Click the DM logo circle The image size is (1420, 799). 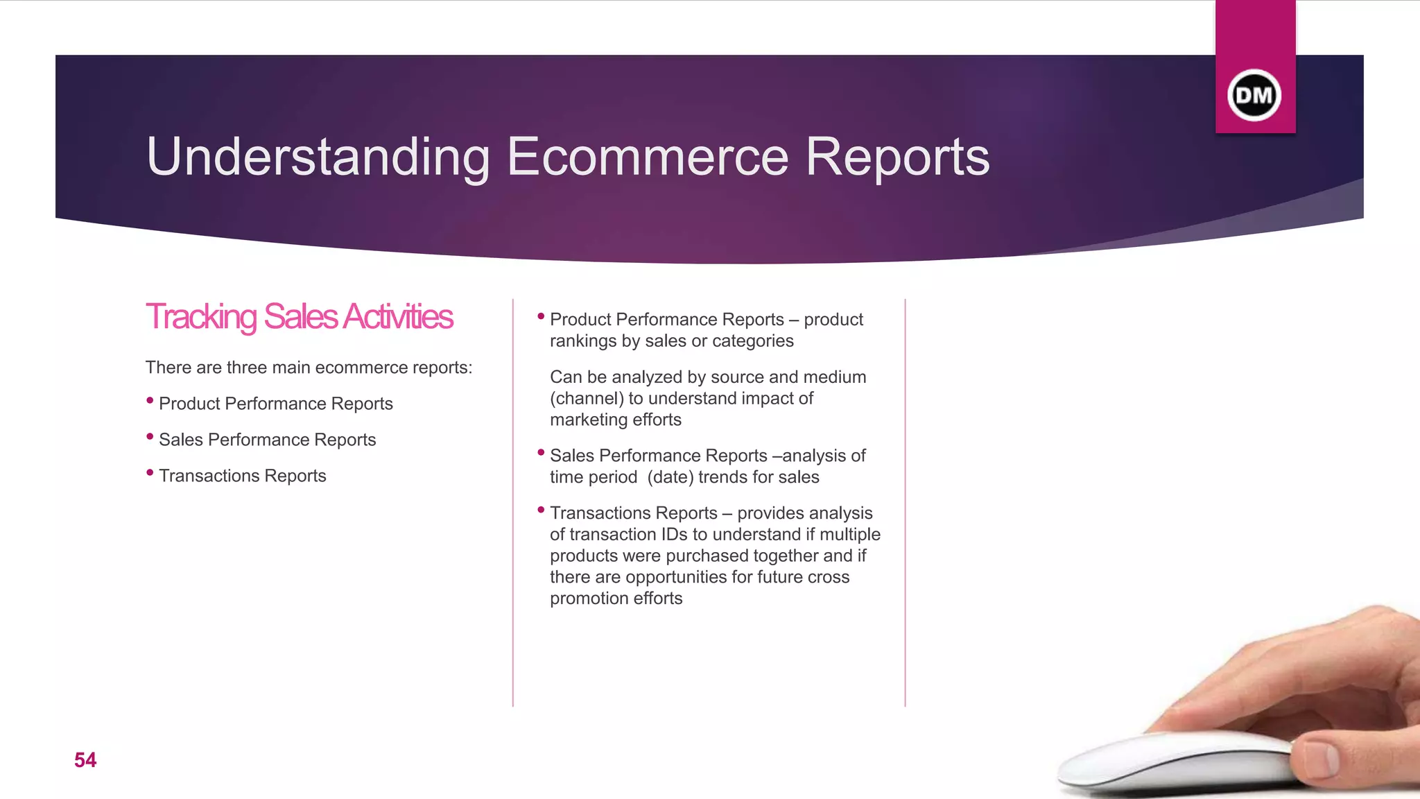pos(1254,95)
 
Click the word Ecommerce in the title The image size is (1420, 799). pos(648,157)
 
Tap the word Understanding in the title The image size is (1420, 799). pos(318,158)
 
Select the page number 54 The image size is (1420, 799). pos(85,760)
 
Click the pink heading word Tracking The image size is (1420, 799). pos(201,317)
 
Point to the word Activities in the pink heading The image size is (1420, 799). pos(397,317)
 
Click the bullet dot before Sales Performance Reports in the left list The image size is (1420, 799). pos(150,436)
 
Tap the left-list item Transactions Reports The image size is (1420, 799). pos(242,476)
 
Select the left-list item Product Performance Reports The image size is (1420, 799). pos(275,404)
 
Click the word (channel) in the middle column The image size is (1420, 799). pos(587,399)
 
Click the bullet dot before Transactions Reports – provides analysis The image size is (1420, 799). pos(541,510)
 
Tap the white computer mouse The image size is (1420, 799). pos(1172,763)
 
